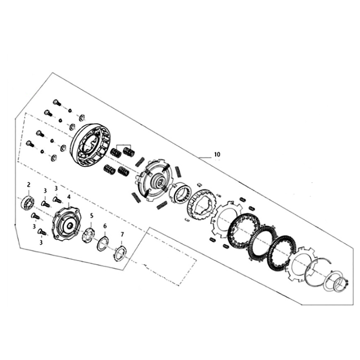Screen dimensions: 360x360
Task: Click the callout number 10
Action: (217, 154)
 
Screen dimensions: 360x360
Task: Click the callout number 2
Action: (29, 184)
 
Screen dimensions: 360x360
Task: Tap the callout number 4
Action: (69, 197)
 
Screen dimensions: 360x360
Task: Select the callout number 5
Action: (92, 216)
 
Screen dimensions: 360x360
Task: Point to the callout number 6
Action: (105, 226)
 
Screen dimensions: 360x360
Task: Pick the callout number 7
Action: (122, 234)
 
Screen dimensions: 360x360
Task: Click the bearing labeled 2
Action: (27, 203)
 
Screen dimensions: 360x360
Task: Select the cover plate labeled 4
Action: (67, 224)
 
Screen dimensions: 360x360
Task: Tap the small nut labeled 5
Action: (89, 235)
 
